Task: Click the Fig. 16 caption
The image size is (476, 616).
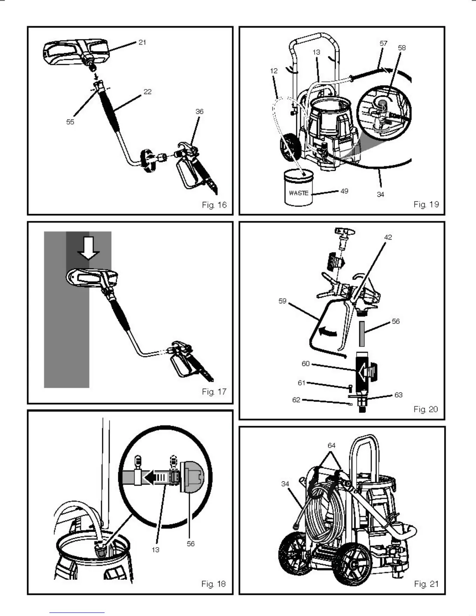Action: click(x=214, y=205)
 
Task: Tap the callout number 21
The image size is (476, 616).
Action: click(x=142, y=42)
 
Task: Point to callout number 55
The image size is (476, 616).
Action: click(x=70, y=122)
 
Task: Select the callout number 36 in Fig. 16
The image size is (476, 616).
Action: click(x=199, y=112)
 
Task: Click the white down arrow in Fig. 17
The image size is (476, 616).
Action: click(x=89, y=248)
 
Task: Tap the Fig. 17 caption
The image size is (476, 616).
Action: click(x=214, y=392)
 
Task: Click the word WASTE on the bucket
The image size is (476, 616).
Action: click(x=299, y=193)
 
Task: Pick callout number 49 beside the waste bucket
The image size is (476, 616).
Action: click(x=344, y=191)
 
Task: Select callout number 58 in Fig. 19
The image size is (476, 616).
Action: click(x=402, y=47)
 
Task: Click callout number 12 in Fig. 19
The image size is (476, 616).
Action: click(x=274, y=71)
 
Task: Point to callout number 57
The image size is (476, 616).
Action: click(x=383, y=44)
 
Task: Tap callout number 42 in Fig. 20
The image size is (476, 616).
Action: click(x=388, y=237)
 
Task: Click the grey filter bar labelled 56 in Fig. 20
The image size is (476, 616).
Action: click(x=362, y=334)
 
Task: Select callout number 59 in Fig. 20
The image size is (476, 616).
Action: click(x=282, y=301)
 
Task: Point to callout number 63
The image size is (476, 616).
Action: click(x=398, y=395)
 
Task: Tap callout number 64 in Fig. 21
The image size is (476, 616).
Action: click(x=331, y=445)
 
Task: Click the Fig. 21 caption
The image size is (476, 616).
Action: click(x=426, y=584)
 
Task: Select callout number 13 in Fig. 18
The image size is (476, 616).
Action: click(x=156, y=549)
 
